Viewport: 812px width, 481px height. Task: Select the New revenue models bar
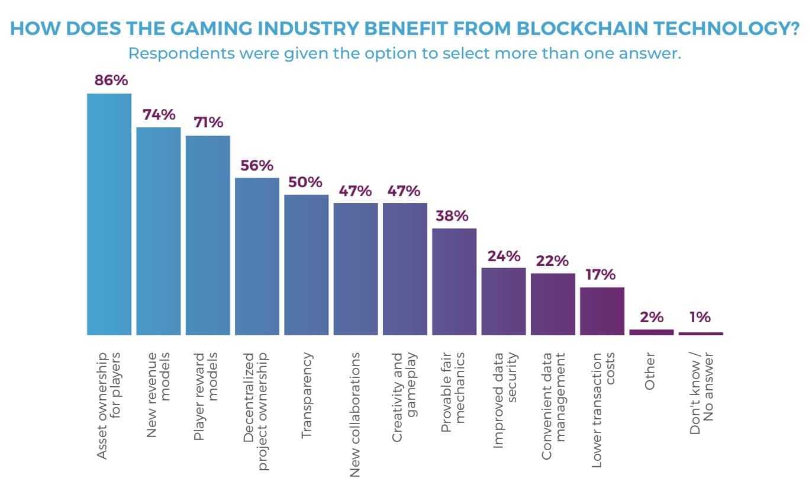(x=159, y=231)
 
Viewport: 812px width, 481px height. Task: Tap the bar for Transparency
(x=306, y=265)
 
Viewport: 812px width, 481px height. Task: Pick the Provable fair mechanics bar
(x=454, y=281)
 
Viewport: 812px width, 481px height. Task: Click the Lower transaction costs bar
(x=602, y=311)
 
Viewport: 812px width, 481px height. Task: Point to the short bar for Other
(x=651, y=332)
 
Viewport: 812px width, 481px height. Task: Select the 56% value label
(x=257, y=165)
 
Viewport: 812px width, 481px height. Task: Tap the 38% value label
(x=454, y=216)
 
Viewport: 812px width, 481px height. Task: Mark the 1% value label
(x=700, y=317)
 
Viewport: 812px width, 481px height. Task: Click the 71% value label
(x=208, y=123)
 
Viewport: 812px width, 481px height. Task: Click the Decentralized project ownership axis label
(x=256, y=411)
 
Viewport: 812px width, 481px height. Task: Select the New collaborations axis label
(x=355, y=415)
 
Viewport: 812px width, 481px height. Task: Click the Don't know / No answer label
(x=701, y=394)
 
